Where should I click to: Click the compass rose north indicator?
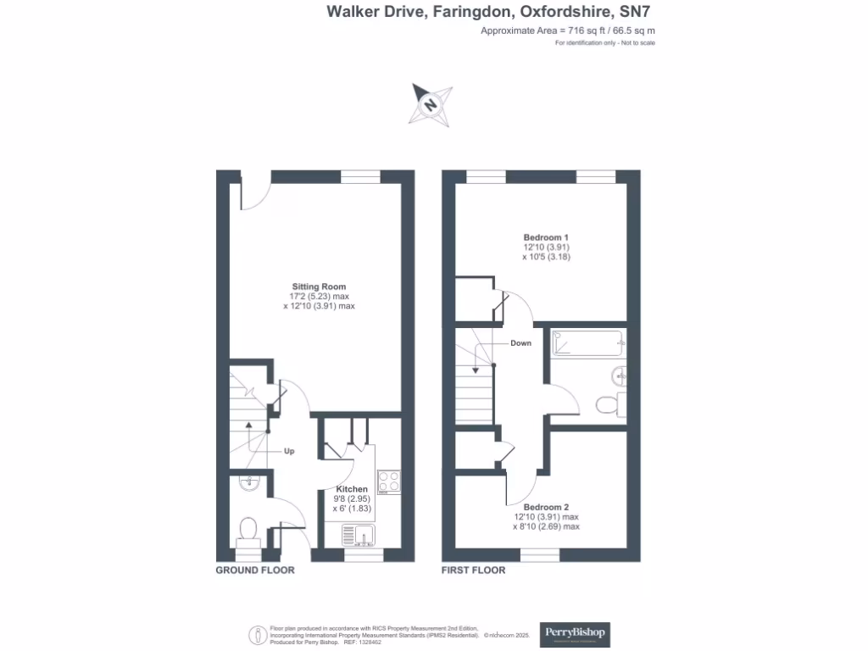tap(431, 105)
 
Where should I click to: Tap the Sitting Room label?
tap(319, 287)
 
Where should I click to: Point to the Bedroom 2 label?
tap(546, 507)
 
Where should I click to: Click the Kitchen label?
tap(352, 489)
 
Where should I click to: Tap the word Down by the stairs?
tap(520, 343)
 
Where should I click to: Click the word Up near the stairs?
tap(289, 451)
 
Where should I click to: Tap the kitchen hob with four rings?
tap(389, 481)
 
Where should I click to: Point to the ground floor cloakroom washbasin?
tap(248, 484)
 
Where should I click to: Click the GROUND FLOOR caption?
tap(255, 570)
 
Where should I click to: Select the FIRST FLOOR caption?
tap(473, 570)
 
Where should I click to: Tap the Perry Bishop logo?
tap(575, 634)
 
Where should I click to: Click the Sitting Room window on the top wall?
tap(360, 176)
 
